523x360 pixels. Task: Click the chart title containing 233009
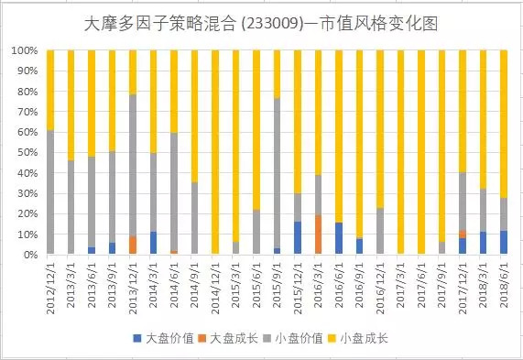(261, 24)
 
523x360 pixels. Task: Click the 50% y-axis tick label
(26, 152)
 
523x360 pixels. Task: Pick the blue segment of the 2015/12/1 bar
(298, 237)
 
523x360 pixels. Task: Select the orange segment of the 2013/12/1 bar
(133, 245)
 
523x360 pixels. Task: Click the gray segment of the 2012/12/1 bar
(50, 191)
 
